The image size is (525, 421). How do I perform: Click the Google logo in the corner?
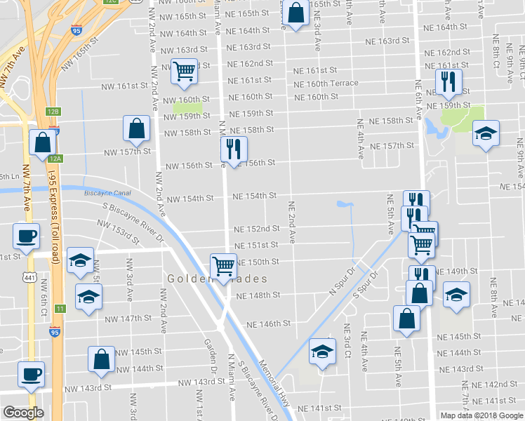pos(22,413)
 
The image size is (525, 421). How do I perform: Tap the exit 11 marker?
pos(61,309)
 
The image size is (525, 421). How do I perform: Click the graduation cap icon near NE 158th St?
pos(485,133)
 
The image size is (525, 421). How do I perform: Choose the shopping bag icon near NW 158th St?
pos(136,128)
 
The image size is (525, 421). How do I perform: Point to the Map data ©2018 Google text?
pos(481,415)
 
